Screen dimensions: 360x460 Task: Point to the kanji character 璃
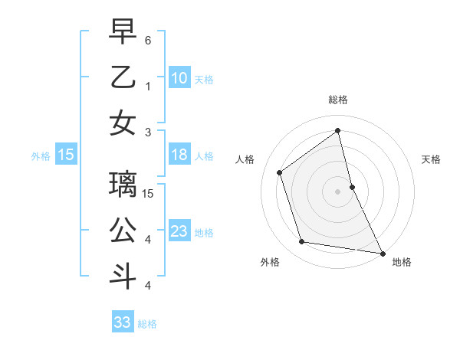pos(123,184)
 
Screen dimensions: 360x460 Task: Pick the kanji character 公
pos(123,231)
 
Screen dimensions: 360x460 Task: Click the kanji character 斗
pos(123,276)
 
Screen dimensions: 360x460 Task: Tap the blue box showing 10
pos(179,78)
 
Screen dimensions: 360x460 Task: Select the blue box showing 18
pos(179,155)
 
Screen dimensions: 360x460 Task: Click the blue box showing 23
pos(179,232)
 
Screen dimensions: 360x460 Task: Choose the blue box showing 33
pos(123,322)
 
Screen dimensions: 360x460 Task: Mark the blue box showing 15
pos(66,155)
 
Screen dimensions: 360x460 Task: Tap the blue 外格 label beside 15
pos(41,156)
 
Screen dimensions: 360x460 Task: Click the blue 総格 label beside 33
pos(147,324)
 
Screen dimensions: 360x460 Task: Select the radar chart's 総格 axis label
pos(338,100)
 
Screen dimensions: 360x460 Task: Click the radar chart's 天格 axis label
pos(432,159)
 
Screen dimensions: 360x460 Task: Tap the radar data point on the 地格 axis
pos(381,253)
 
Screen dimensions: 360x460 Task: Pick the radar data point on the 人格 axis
pos(280,172)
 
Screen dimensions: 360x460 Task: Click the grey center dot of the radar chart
pos(338,191)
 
